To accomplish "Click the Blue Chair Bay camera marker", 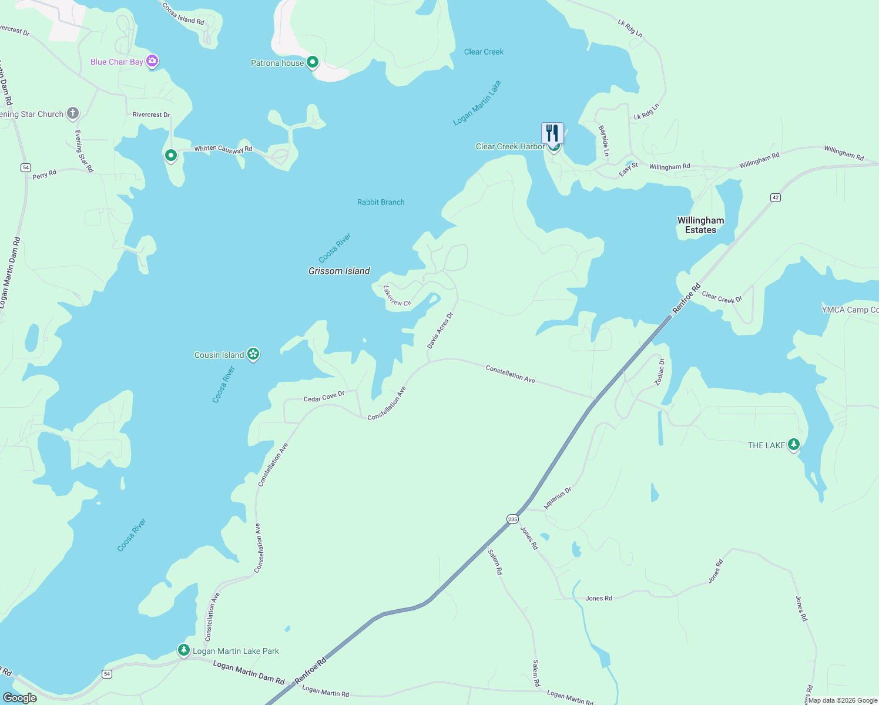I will click(x=152, y=61).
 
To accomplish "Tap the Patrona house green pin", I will click(x=313, y=62).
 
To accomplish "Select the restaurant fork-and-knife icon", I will click(x=552, y=133).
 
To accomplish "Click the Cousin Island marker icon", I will click(x=253, y=354).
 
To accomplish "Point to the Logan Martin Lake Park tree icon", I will click(x=184, y=650).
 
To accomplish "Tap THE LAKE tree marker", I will click(x=794, y=444).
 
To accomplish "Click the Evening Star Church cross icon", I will click(x=73, y=113).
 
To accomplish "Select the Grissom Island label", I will click(x=339, y=271).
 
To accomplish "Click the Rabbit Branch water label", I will click(x=381, y=202).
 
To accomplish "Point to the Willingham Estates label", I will click(x=700, y=225).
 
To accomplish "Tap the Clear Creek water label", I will click(x=484, y=52).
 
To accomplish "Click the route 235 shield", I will click(x=512, y=519).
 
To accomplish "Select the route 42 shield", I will click(x=776, y=197).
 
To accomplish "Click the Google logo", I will click(x=20, y=698).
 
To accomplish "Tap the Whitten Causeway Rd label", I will click(x=223, y=149).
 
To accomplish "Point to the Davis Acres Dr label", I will click(x=440, y=330).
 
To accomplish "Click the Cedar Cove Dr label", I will click(x=324, y=397).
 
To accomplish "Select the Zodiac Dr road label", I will click(x=660, y=372).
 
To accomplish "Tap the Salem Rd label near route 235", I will click(x=495, y=562).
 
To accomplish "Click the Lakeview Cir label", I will click(x=397, y=296).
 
